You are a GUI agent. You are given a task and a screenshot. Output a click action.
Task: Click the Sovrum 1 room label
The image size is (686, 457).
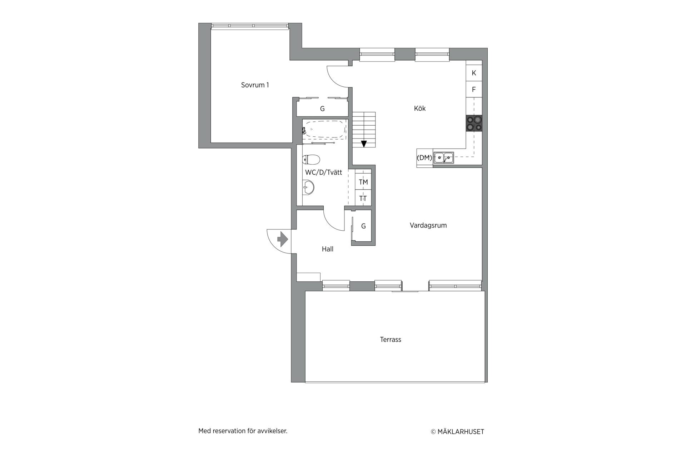255,85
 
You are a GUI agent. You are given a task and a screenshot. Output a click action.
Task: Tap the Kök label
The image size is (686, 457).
420,109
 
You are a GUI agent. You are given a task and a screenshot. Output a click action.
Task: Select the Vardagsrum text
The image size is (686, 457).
428,225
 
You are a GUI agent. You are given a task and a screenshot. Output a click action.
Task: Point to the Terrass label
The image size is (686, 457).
391,340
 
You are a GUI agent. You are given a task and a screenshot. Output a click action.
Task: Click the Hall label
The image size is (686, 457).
328,249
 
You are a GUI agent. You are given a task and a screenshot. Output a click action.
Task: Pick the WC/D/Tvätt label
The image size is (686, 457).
323,172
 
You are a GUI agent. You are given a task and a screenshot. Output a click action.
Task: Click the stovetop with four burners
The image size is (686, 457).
474,123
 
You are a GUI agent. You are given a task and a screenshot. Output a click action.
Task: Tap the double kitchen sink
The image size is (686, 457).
444,157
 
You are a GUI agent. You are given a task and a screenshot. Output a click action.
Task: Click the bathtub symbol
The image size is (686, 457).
325,129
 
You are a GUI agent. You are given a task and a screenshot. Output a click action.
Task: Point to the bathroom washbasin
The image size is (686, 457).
308,187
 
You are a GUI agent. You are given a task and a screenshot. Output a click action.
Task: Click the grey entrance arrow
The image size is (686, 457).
283,239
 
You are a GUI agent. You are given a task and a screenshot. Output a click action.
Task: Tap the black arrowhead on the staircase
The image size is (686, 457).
364,144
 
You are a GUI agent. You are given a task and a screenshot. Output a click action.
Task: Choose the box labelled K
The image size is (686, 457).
474,73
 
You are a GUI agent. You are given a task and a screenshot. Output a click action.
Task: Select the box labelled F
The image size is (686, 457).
474,89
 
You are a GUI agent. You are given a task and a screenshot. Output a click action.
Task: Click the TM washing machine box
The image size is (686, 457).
363,182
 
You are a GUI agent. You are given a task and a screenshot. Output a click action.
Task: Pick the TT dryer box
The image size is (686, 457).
363,198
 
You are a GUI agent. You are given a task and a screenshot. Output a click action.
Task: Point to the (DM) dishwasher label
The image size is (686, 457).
424,157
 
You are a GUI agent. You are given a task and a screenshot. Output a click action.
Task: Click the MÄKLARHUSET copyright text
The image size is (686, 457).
457,432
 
